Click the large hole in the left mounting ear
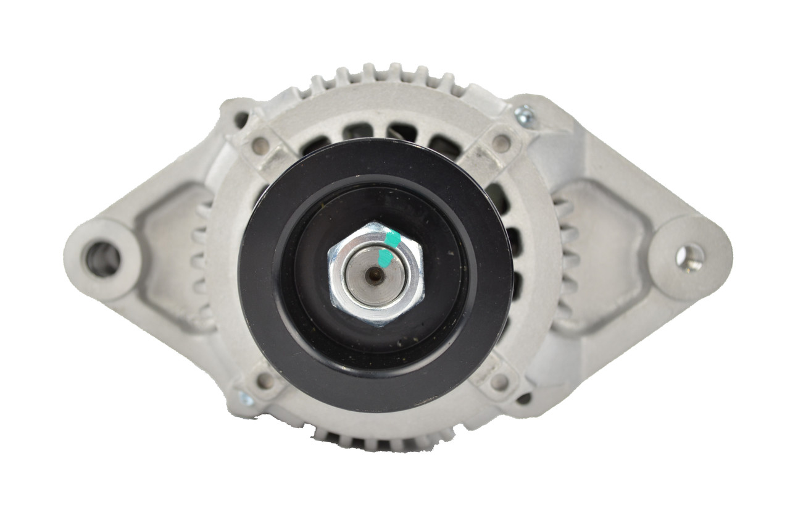click(x=103, y=259)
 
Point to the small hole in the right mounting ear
click(x=689, y=256)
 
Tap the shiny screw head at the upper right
click(x=525, y=113)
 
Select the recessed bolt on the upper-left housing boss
click(x=260, y=146)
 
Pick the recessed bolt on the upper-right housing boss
click(x=501, y=143)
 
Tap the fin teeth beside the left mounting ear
click(x=199, y=259)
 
